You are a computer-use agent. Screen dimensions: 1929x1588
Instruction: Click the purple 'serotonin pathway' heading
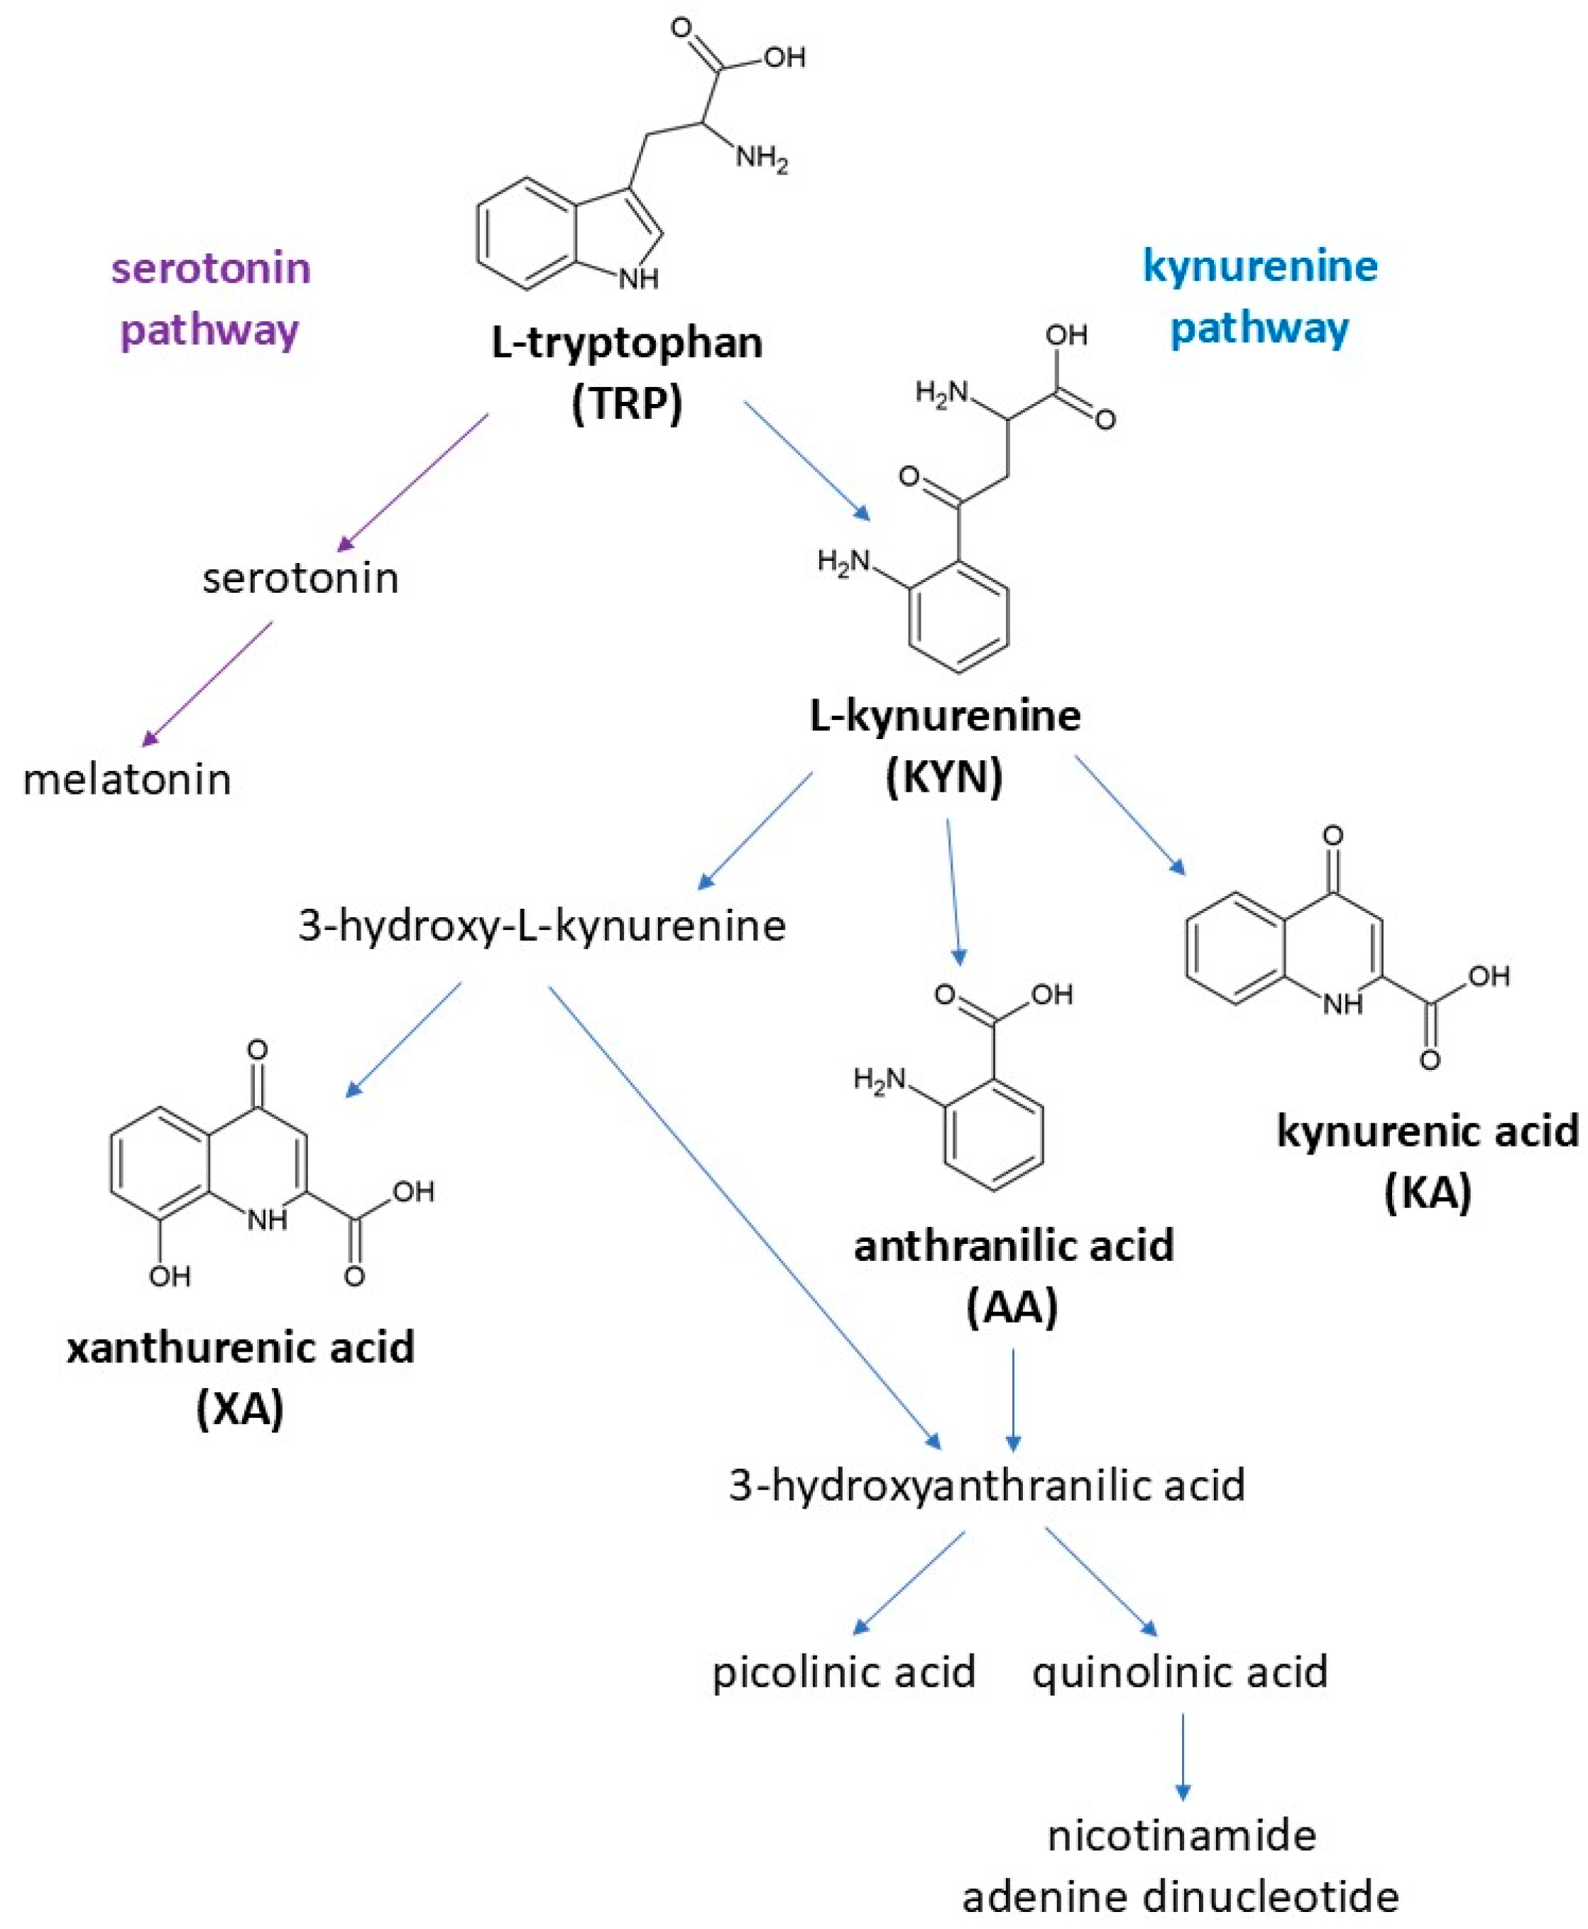[x=212, y=298]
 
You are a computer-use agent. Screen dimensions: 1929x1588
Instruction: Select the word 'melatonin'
[x=127, y=780]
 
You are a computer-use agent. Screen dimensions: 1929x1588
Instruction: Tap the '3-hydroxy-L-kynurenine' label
[x=542, y=926]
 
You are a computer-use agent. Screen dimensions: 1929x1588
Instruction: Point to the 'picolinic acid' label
[x=843, y=1672]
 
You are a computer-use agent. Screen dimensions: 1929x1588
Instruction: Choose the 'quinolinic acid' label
[x=1180, y=1672]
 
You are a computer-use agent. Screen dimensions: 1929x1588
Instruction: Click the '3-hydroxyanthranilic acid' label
[x=986, y=1485]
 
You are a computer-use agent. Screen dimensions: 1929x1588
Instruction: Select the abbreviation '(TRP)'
[x=627, y=403]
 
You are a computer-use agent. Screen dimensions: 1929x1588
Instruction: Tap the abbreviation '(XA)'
[x=240, y=1408]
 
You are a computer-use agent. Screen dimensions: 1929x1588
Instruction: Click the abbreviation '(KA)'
[x=1427, y=1193]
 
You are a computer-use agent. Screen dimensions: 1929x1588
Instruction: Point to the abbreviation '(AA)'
[x=1012, y=1306]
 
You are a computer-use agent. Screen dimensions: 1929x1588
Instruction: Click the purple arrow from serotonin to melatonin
[x=208, y=683]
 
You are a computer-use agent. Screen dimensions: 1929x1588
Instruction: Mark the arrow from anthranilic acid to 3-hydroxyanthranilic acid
[x=1012, y=1399]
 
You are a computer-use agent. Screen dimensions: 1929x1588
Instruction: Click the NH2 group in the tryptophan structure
[x=762, y=159]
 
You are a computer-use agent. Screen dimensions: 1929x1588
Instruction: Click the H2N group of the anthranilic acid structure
[x=878, y=1080]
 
